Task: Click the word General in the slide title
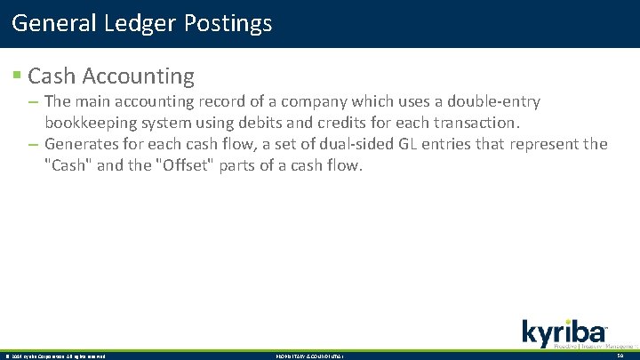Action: click(x=50, y=23)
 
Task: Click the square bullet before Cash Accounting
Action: click(x=17, y=77)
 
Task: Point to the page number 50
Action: click(x=621, y=356)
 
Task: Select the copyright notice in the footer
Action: click(x=54, y=356)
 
